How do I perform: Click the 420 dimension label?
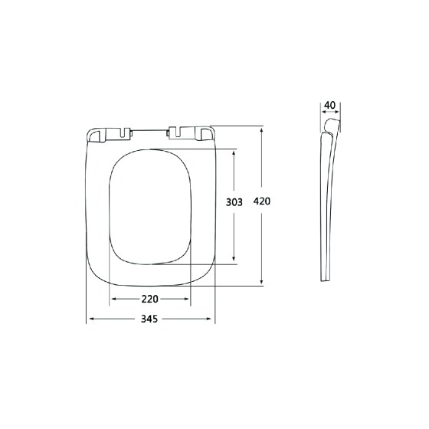click(x=261, y=201)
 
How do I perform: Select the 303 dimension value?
click(x=234, y=202)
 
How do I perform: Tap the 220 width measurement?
click(x=149, y=299)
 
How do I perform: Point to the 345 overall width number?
click(x=149, y=319)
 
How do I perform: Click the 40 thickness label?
click(x=329, y=105)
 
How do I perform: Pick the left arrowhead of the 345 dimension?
click(x=92, y=319)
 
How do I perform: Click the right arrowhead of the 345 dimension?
click(x=208, y=319)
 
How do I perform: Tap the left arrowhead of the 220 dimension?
click(x=115, y=299)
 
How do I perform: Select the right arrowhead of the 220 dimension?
click(x=186, y=299)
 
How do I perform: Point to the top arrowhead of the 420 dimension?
click(x=261, y=131)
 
